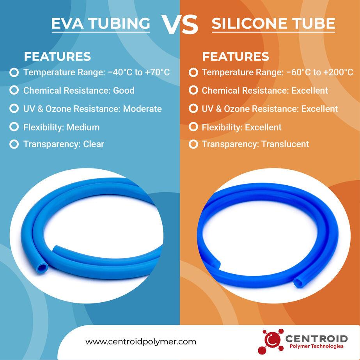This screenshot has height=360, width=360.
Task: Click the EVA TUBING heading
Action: coord(101,23)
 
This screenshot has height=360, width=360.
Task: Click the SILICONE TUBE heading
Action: coord(273,24)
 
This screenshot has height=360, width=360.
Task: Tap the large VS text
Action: coord(180,25)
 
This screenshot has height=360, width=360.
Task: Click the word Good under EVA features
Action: coord(124,90)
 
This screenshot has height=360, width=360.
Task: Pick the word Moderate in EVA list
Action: coord(142,109)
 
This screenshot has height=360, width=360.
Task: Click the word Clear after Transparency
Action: coord(94,144)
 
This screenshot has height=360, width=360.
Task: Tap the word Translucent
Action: coord(285,144)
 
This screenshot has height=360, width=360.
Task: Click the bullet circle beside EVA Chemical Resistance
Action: coord(14,90)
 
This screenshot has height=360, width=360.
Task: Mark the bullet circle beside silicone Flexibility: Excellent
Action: coord(193,127)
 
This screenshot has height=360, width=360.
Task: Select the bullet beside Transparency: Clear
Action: coord(14,144)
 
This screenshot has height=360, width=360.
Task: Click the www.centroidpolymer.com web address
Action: coord(141,342)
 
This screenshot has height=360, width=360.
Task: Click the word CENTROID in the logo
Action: coord(316,338)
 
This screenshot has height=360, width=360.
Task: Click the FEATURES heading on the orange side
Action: coord(235,57)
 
